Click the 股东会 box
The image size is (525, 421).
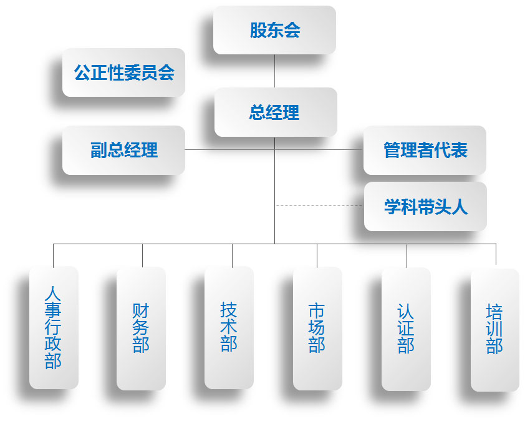tap(274, 30)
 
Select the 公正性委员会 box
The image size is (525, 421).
tap(123, 72)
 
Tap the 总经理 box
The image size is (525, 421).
tap(274, 112)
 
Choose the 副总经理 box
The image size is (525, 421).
tap(123, 150)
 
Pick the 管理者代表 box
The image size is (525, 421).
tap(425, 150)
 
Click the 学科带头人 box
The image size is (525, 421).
tap(425, 207)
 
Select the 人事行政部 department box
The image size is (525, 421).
tap(54, 328)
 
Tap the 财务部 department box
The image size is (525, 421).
tap(141, 328)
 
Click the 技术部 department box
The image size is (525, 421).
tap(229, 328)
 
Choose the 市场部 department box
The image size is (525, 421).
tap(317, 328)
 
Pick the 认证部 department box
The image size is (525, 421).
tap(406, 328)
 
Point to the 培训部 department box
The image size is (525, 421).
tap(494, 328)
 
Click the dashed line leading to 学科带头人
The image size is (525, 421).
tap(319, 206)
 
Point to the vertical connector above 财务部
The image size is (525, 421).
tap(142, 255)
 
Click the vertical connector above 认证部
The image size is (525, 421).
tap(407, 255)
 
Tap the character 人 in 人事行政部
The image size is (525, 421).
tap(54, 293)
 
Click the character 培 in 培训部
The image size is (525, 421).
tap(494, 312)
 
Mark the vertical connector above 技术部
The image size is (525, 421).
tap(232, 255)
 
